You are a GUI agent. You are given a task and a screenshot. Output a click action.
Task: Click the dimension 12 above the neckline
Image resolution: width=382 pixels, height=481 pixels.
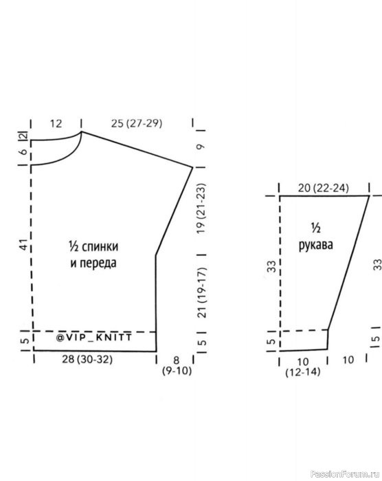tap(56, 124)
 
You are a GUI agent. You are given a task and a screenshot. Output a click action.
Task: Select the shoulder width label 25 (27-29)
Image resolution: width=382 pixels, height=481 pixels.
tap(137, 123)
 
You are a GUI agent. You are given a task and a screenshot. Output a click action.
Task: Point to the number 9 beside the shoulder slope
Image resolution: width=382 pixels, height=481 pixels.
tap(201, 147)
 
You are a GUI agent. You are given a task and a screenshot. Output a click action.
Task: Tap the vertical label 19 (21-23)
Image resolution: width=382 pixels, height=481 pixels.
tap(201, 209)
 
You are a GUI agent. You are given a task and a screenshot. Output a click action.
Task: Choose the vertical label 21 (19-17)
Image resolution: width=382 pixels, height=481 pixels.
tap(201, 292)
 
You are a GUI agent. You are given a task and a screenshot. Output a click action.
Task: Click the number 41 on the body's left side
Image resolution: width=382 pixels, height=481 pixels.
tap(24, 245)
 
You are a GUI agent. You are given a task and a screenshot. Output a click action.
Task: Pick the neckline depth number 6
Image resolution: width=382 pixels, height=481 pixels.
tap(24, 152)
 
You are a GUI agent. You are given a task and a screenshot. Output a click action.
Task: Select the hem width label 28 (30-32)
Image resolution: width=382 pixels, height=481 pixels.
tap(87, 359)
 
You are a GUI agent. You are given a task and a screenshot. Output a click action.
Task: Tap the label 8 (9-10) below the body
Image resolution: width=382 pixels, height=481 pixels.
tap(177, 365)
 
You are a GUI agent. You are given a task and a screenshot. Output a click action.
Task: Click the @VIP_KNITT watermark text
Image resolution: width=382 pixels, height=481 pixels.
tap(94, 337)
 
